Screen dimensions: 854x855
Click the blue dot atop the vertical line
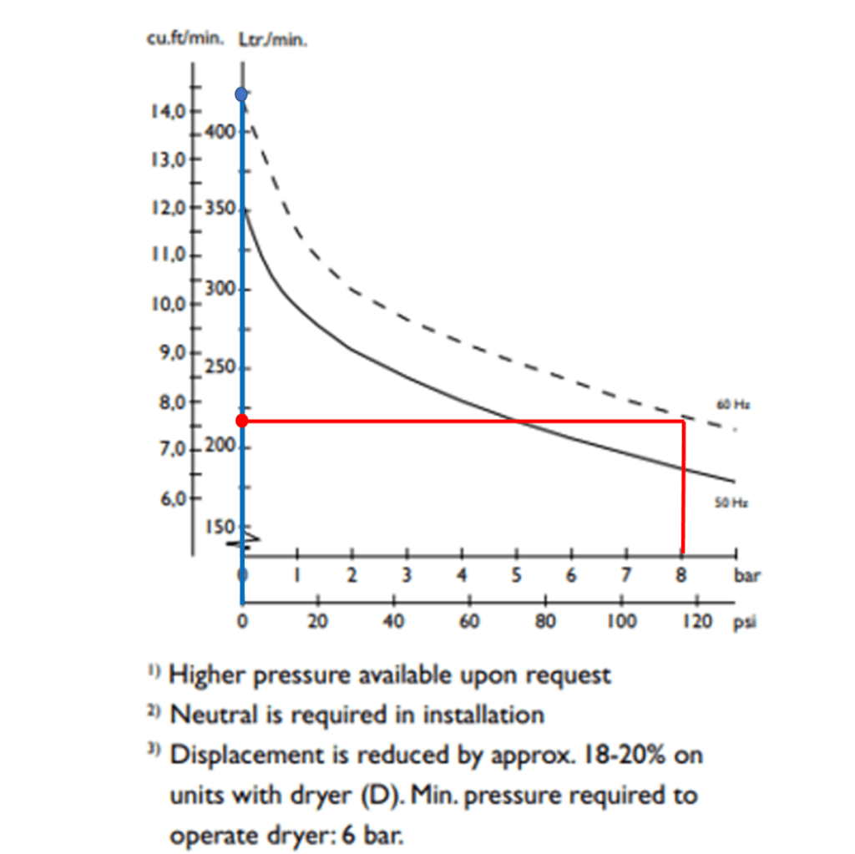241,93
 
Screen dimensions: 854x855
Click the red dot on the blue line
242,421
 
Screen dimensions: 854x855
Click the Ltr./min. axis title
262,39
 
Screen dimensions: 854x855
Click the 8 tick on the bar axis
680,575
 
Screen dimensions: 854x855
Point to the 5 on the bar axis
516,575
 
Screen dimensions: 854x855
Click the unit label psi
744,622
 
